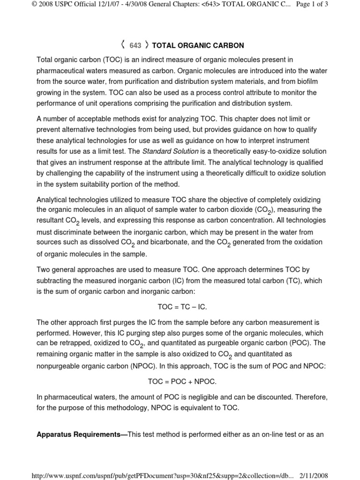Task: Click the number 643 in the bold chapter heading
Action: coord(135,45)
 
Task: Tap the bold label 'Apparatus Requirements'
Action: coord(80,435)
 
